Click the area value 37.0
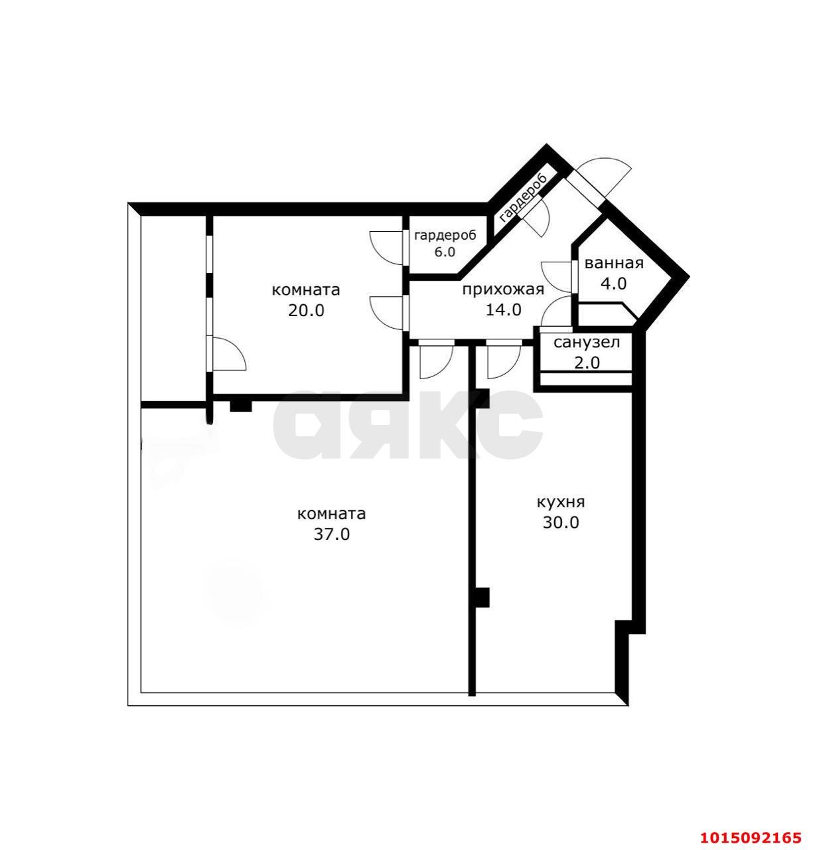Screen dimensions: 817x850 pos(331,535)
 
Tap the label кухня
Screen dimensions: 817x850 pos(561,503)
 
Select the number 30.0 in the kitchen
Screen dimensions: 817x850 pos(561,523)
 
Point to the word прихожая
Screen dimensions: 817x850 pos(503,290)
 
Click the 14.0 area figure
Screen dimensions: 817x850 pos(503,310)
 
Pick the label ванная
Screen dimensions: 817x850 pos(613,264)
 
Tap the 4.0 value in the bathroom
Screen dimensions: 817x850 pos(613,284)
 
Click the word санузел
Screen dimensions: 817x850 pos(587,343)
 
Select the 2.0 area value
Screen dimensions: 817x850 pos(587,363)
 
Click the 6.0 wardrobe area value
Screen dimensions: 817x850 pos(445,252)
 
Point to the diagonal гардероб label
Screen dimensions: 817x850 pos(523,199)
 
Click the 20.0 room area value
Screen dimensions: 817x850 pos(306,311)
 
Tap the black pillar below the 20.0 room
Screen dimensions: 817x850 pos(241,406)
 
